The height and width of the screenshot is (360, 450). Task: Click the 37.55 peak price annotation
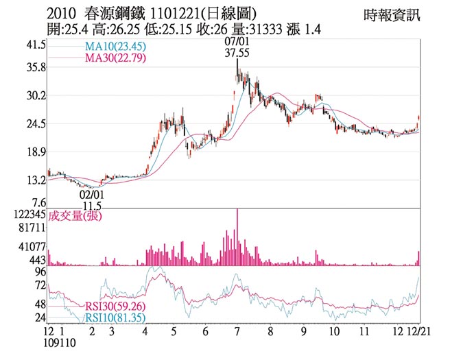click(237, 52)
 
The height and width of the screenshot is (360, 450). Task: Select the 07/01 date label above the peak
click(236, 42)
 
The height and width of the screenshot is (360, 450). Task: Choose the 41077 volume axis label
click(31, 246)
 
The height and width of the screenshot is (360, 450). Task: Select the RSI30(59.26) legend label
click(115, 307)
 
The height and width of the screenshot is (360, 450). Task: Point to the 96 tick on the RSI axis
click(40, 271)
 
